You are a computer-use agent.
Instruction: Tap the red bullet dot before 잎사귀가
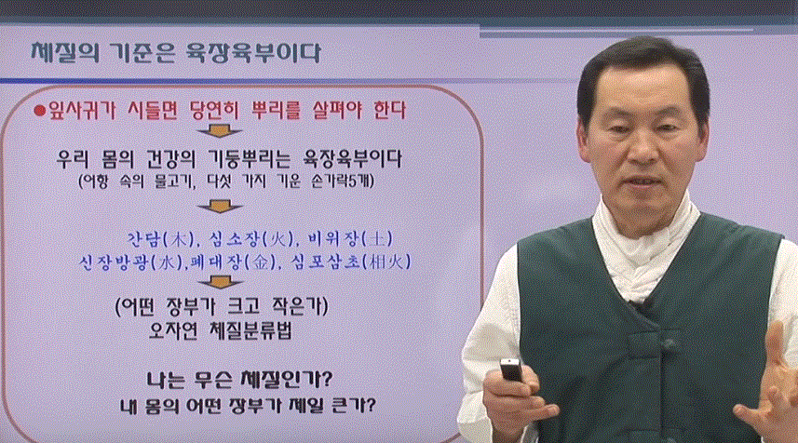(39, 111)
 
